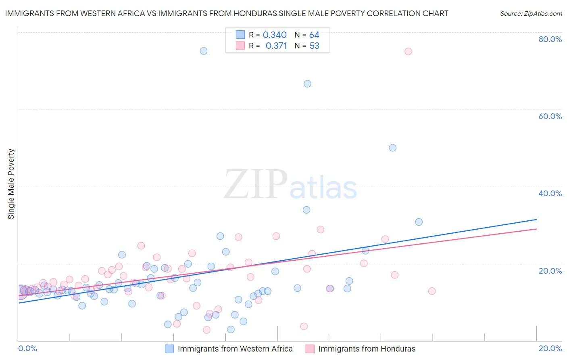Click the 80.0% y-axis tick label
coord(550,39)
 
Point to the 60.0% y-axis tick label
coord(550,116)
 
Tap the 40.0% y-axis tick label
coord(550,193)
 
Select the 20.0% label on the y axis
coord(550,271)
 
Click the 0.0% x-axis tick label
coord(27,348)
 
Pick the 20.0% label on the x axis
coord(550,348)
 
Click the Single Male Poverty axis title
coord(11,184)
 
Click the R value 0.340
coord(275,35)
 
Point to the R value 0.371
coord(276,46)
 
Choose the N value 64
coord(314,35)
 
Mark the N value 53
coord(314,46)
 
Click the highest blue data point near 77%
coord(204,51)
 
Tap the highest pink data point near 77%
coord(408,51)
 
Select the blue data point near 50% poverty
coord(392,148)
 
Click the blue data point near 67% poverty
coord(307,84)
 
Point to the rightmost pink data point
coord(432,291)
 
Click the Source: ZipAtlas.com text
coord(531,14)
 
